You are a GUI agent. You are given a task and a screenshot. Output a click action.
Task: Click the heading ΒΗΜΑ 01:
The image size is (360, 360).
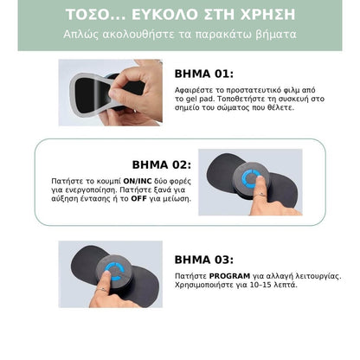tap(204, 74)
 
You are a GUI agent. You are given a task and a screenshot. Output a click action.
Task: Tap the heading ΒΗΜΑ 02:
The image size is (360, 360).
tap(162, 165)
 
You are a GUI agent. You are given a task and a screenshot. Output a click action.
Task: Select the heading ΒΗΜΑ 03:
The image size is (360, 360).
tap(204, 260)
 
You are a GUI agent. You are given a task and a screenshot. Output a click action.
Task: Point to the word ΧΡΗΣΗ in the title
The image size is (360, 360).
tap(268, 15)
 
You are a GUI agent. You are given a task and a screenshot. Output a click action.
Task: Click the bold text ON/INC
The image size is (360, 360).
tap(138, 181)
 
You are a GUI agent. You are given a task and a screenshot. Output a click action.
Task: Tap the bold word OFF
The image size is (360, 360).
tap(138, 198)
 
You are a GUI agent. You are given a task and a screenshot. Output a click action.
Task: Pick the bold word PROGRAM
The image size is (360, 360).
tap(229, 276)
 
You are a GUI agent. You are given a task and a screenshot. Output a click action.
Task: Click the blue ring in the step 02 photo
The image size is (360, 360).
tap(250, 179)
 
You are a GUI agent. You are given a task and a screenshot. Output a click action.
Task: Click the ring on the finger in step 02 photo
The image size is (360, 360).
tap(261, 195)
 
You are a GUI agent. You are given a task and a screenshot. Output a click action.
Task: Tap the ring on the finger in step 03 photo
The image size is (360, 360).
tap(101, 289)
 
